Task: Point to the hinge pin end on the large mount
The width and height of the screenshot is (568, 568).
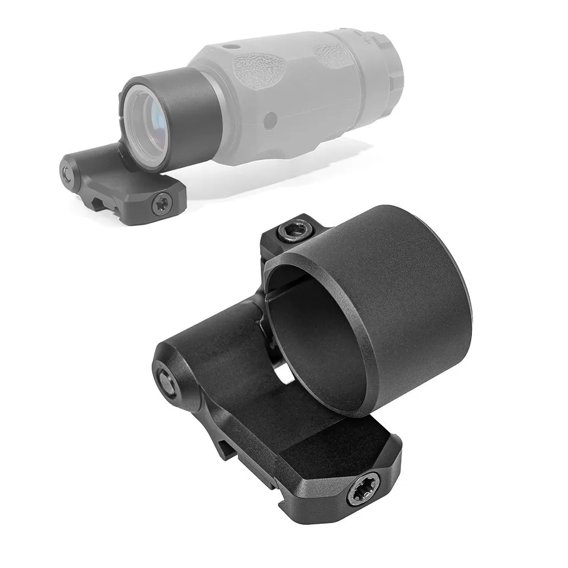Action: (x=166, y=380)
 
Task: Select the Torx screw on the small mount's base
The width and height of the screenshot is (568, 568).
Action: (x=161, y=202)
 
